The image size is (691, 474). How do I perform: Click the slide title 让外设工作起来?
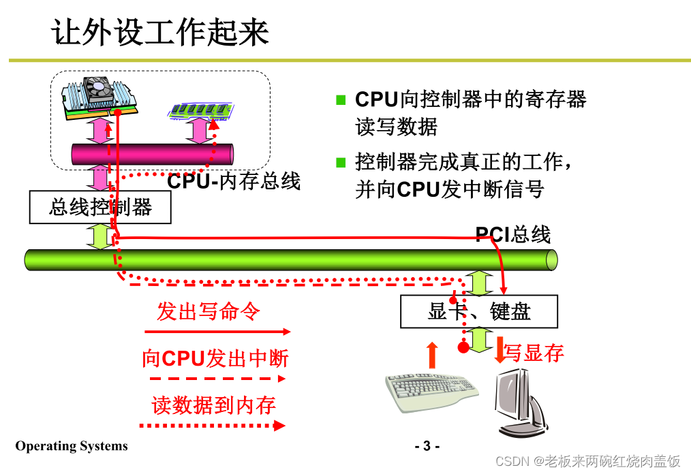click(x=160, y=33)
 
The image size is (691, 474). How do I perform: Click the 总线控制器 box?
click(x=100, y=207)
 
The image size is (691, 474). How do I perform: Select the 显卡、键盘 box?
click(x=479, y=311)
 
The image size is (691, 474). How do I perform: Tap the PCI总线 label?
click(x=512, y=235)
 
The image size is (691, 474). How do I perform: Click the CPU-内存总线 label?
click(x=234, y=181)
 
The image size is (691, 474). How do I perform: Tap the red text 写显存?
click(x=534, y=353)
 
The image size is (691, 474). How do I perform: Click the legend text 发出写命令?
click(x=209, y=312)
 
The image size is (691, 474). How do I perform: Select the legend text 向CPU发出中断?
click(x=215, y=358)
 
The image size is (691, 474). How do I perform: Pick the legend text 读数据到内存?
click(x=213, y=405)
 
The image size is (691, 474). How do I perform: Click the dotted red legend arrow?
click(x=212, y=426)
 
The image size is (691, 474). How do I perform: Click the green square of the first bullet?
click(x=341, y=100)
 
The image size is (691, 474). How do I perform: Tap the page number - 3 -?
click(x=427, y=447)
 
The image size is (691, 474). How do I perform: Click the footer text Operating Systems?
click(x=72, y=446)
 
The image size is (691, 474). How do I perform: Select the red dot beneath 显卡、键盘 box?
click(x=463, y=348)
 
